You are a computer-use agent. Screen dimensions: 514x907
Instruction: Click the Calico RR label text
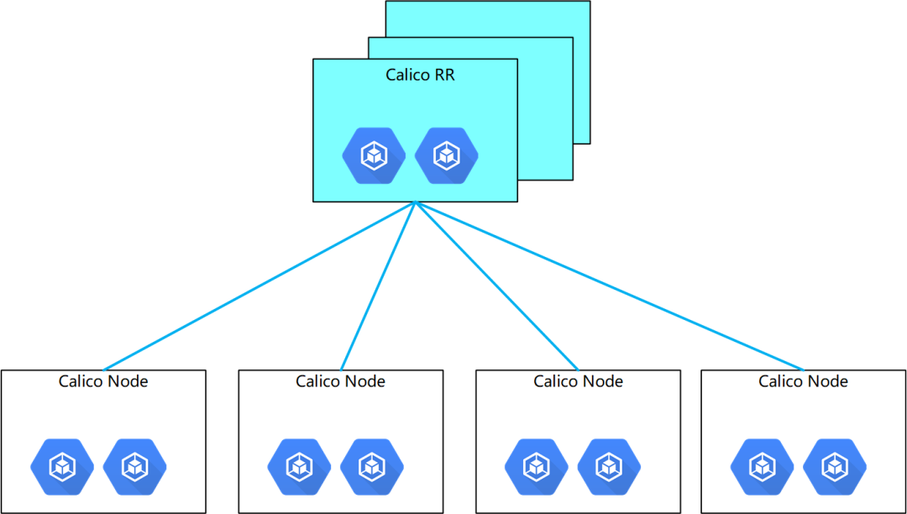420,75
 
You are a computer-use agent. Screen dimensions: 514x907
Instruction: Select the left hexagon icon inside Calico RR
374,155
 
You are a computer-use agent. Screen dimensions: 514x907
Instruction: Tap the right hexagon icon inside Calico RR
446,155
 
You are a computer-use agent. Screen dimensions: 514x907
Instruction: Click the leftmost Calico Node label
103,381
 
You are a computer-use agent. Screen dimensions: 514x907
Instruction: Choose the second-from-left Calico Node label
340,381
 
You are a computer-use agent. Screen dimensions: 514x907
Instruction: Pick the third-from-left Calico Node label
578,381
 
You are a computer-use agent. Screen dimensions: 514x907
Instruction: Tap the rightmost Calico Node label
803,381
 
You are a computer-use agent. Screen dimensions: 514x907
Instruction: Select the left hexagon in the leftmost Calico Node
62,466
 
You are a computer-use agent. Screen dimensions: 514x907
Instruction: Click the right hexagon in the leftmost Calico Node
134,466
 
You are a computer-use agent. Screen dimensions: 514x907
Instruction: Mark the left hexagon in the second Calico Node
299,466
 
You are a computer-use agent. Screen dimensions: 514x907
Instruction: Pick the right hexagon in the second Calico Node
371,466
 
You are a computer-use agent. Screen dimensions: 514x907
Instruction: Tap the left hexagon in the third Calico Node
536,466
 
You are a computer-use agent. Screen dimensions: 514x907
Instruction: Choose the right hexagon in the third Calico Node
609,466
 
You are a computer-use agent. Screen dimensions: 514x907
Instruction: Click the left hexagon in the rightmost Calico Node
762,466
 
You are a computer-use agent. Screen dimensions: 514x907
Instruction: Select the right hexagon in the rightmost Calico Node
834,466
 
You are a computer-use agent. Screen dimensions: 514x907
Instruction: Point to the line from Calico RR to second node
378,286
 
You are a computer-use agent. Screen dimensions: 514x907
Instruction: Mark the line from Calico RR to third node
496,286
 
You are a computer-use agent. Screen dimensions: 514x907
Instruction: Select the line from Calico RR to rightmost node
609,286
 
